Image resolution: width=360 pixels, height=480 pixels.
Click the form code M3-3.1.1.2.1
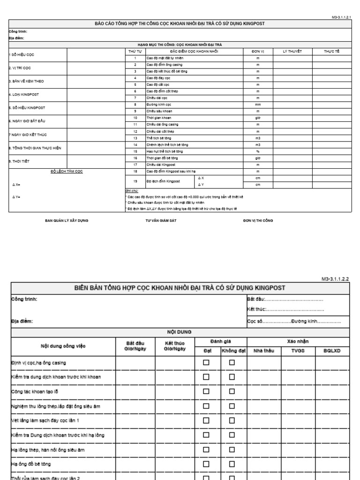tap(341, 16)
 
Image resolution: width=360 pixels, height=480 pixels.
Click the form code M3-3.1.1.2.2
tap(335, 278)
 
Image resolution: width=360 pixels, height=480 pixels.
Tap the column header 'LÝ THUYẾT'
tap(292, 51)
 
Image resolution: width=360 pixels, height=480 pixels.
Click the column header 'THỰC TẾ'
tap(331, 51)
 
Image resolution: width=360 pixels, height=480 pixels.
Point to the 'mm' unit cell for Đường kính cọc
tap(257, 104)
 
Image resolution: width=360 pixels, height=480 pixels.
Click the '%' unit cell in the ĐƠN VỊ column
tap(257, 151)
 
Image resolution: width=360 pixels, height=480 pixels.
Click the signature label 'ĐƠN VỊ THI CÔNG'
tap(258, 220)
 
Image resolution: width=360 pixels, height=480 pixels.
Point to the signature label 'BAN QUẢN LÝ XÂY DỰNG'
tap(67, 220)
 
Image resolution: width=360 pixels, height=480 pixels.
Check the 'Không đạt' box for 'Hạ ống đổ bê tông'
tap(232, 464)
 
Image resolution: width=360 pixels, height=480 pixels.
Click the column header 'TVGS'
tap(298, 349)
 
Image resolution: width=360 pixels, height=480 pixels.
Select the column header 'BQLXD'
tap(332, 349)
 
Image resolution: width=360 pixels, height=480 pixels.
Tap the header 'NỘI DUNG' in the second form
tap(180, 331)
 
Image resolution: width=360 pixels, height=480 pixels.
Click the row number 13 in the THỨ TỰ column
tap(135, 138)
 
